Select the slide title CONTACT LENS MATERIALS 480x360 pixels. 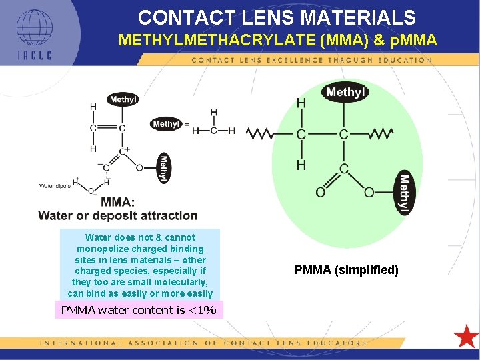click(277, 17)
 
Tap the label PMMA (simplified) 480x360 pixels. click(347, 270)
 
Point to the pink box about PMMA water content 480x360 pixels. click(139, 310)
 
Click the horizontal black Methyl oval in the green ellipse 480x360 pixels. click(345, 92)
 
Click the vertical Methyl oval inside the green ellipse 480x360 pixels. click(404, 193)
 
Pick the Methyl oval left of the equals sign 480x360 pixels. click(166, 124)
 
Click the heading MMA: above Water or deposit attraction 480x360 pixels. click(117, 202)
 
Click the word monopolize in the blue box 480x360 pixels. click(105, 249)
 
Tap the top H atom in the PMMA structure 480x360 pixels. click(301, 103)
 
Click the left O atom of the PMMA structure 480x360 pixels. click(320, 192)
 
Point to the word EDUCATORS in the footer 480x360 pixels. click(337, 343)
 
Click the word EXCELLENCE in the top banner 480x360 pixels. click(293, 60)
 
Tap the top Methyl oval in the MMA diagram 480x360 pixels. click(123, 100)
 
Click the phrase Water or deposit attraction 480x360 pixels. click(118, 215)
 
